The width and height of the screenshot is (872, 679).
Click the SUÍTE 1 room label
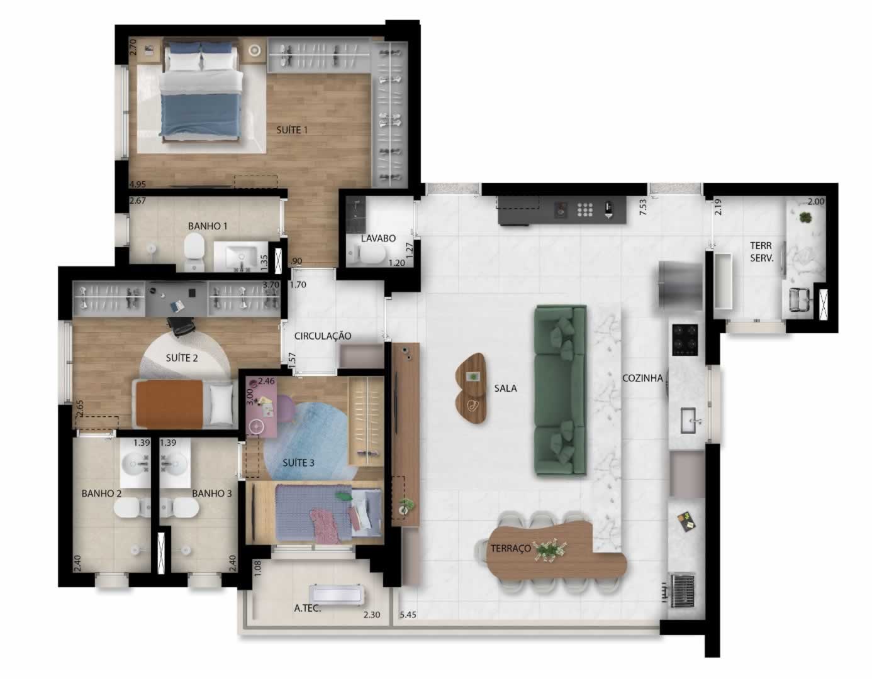[292, 130]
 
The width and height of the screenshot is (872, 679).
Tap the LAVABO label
[378, 238]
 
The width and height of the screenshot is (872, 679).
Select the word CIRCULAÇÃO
[323, 336]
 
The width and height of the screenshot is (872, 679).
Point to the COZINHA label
[642, 378]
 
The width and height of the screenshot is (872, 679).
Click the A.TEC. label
[308, 608]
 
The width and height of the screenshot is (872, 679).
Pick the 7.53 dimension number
[643, 207]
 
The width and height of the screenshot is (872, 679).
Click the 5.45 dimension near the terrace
[408, 614]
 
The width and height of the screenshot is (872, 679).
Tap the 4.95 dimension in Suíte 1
[137, 184]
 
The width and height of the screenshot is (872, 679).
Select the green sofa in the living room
[560, 390]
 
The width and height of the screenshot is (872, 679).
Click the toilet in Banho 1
[194, 253]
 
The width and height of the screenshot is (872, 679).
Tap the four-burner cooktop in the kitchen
[685, 340]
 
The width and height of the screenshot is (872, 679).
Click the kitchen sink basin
[688, 420]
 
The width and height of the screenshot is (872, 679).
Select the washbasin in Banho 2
[135, 463]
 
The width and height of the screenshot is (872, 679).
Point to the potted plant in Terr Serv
[804, 218]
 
